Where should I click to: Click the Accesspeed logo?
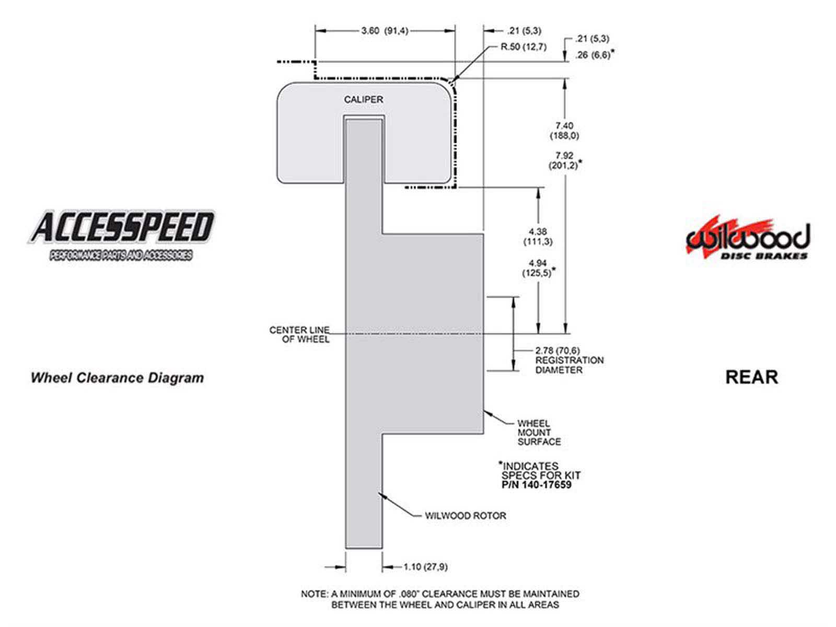[x=121, y=236]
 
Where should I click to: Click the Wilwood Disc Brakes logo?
[x=748, y=239]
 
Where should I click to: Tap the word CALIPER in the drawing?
[x=363, y=99]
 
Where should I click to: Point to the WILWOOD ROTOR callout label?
[x=466, y=516]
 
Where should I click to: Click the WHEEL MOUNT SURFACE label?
[x=539, y=433]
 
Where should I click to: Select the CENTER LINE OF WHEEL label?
[x=299, y=334]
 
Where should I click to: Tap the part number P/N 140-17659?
[x=536, y=485]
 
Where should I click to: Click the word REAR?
[x=751, y=377]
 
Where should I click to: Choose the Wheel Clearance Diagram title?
[x=118, y=378]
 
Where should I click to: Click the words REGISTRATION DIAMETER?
[x=570, y=365]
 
